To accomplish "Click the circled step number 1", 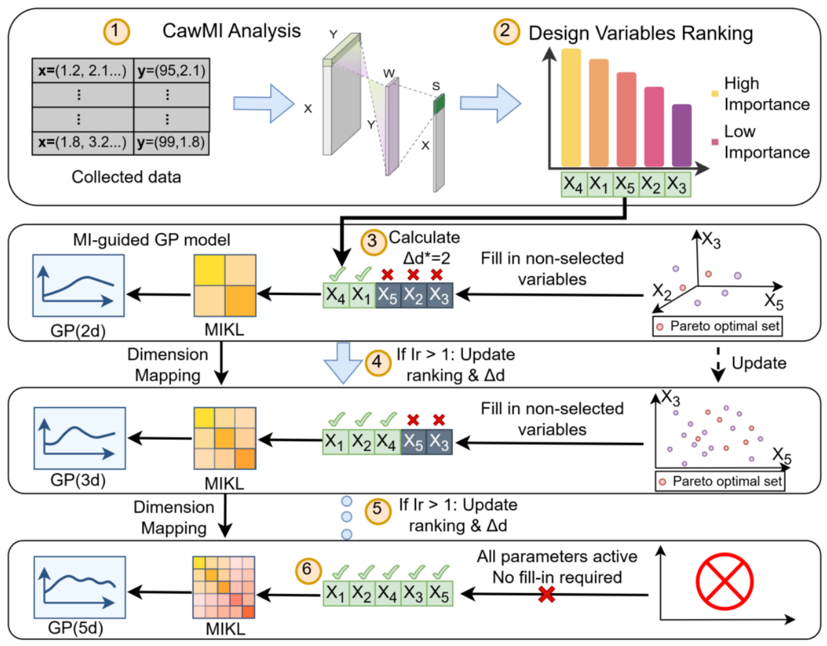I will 116,31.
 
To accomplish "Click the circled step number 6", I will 307,570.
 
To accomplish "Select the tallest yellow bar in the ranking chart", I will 571,108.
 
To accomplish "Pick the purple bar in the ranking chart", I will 682,135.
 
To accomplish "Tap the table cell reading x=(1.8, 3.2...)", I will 82,142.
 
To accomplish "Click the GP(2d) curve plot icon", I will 78,285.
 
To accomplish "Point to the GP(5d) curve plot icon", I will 80,587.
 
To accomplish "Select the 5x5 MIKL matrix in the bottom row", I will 224,587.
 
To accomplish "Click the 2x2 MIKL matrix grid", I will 224,285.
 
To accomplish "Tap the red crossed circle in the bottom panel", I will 724,581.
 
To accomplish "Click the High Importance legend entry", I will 760,94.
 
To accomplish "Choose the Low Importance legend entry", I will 760,142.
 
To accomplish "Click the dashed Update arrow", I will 717,365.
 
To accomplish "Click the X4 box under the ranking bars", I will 573,185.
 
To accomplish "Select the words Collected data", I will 126,177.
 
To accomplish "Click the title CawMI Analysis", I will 231,31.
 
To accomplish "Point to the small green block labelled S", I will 439,103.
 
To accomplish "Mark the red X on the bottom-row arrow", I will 547,594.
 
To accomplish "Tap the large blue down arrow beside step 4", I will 342,363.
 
